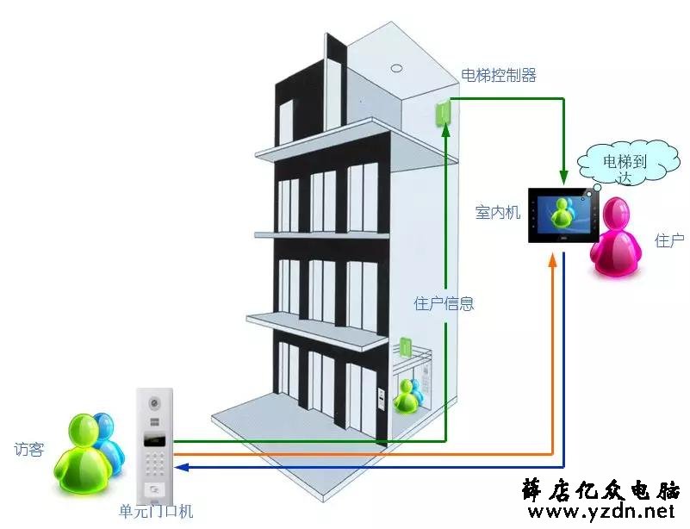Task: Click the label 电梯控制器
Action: click(x=499, y=76)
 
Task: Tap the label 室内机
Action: click(x=498, y=213)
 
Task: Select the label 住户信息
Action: click(x=444, y=303)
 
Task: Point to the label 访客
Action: click(x=29, y=450)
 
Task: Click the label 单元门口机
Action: click(x=156, y=512)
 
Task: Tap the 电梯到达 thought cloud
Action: click(x=627, y=164)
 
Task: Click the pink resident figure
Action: click(x=616, y=237)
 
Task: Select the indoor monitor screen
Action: click(x=563, y=215)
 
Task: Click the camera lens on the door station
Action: click(x=154, y=402)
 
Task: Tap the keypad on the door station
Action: click(x=154, y=463)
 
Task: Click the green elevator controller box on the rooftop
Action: click(x=442, y=113)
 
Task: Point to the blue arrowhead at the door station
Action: click(x=181, y=467)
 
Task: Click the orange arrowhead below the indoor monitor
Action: click(x=552, y=259)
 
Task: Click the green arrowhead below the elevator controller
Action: click(x=446, y=129)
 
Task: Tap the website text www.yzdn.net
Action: click(x=601, y=512)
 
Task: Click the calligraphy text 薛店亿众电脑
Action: click(x=601, y=489)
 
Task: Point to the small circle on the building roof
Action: click(x=397, y=68)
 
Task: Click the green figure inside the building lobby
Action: click(x=404, y=397)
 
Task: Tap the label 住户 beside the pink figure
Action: click(x=669, y=240)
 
